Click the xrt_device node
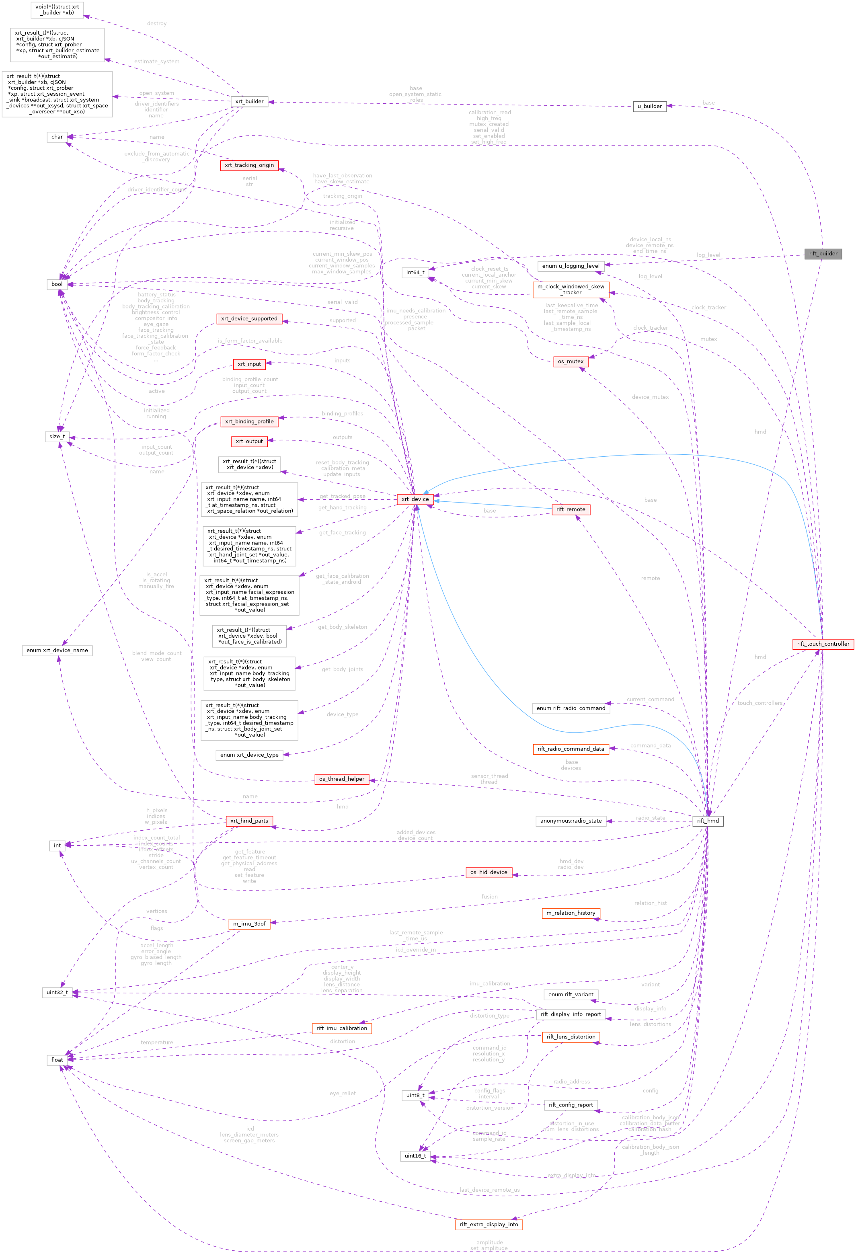click(x=415, y=499)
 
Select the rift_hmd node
click(x=708, y=821)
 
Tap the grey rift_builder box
click(x=823, y=254)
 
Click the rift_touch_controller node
click(x=823, y=644)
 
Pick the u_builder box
click(x=649, y=106)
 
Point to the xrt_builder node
click(x=249, y=101)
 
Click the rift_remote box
click(x=571, y=509)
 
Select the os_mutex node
click(x=571, y=361)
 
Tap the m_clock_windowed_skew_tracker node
click(x=571, y=290)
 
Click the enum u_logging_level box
click(x=571, y=266)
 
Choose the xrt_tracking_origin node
click(x=249, y=165)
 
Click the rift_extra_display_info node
click(x=489, y=1224)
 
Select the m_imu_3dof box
click(x=249, y=924)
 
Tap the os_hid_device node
click(x=489, y=872)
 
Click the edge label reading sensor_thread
click(x=489, y=776)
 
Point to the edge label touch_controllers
click(x=760, y=703)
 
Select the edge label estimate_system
click(x=156, y=62)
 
